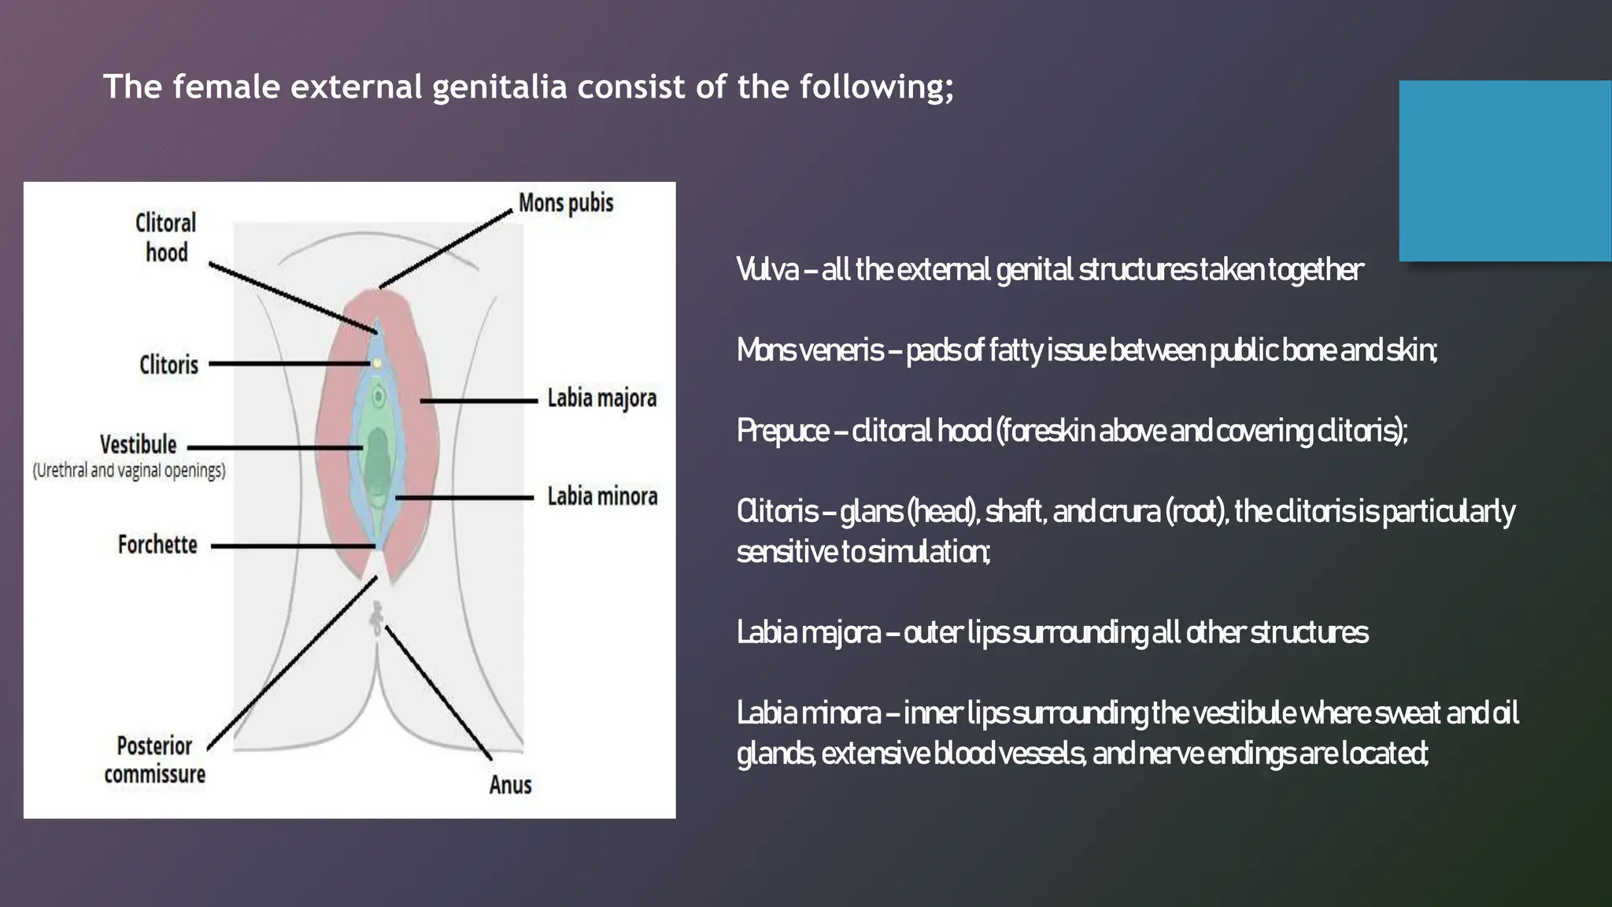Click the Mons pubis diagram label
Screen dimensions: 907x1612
(565, 203)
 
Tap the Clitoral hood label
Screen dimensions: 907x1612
(165, 237)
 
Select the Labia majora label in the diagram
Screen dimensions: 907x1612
(601, 398)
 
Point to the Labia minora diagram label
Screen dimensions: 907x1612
(602, 497)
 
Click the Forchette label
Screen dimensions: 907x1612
(157, 545)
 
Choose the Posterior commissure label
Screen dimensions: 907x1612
(154, 760)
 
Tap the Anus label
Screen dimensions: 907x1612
(510, 785)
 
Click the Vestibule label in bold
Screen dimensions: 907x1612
(138, 445)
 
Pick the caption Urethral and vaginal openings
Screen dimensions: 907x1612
(129, 471)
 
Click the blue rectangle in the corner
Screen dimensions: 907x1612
(1505, 171)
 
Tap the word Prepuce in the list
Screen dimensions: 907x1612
(782, 431)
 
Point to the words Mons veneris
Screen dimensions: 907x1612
(810, 350)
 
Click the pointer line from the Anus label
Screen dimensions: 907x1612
(438, 694)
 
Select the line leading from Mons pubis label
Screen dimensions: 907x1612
(446, 249)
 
